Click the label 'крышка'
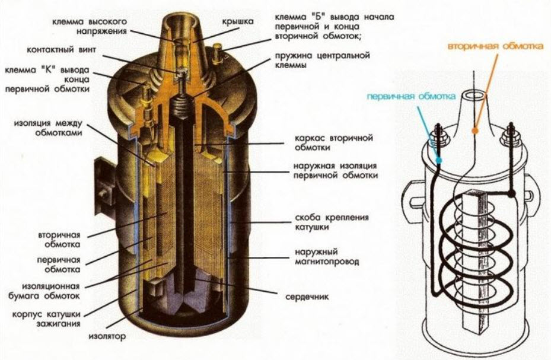237,23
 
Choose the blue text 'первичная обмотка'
411,95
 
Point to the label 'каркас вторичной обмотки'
333,142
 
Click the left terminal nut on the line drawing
440,141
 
